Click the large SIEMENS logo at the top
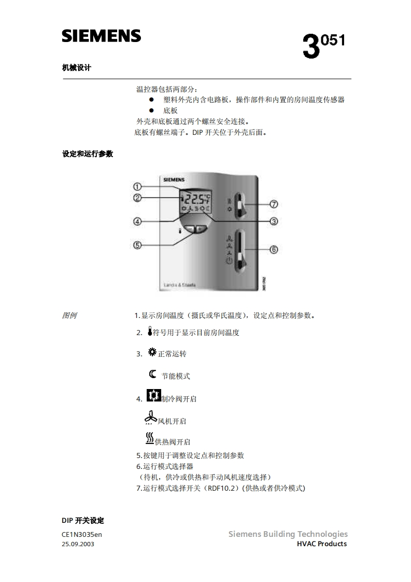click(x=102, y=36)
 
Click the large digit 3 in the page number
click(x=310, y=47)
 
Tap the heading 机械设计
click(x=76, y=67)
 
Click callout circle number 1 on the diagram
click(x=137, y=186)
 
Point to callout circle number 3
click(x=274, y=221)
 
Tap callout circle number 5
click(x=137, y=245)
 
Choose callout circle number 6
click(x=274, y=250)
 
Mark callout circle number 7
click(x=274, y=204)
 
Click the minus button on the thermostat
click(x=190, y=228)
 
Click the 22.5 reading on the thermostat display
click(x=194, y=198)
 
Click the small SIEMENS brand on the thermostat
click(x=173, y=179)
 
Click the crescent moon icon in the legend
click(x=152, y=374)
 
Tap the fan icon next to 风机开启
click(x=150, y=417)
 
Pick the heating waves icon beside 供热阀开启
click(x=150, y=438)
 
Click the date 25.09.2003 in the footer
click(x=78, y=544)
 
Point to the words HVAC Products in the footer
click(x=321, y=544)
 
